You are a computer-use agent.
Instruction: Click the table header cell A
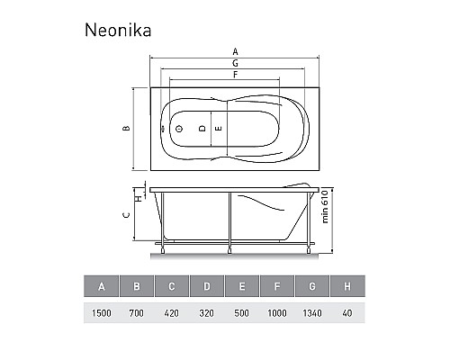[103, 287]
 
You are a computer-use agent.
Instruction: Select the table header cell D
[208, 287]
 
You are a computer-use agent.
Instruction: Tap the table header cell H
[347, 287]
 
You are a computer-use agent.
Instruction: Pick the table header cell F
[277, 287]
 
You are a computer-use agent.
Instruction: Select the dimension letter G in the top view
[235, 64]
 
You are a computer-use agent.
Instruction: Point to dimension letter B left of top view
[127, 129]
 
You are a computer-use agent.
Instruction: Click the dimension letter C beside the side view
[127, 214]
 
